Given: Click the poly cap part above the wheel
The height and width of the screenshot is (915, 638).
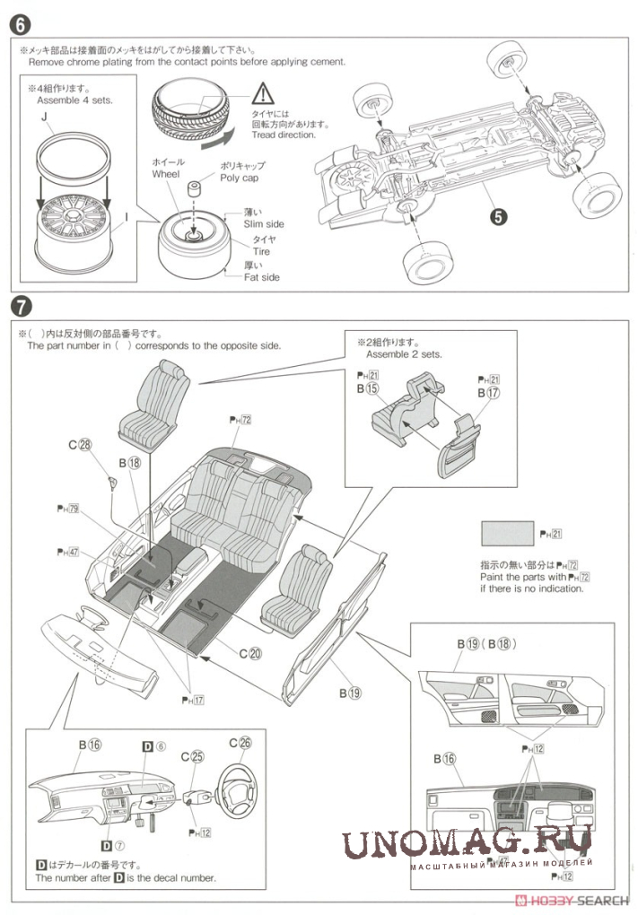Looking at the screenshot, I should pyautogui.click(x=192, y=190).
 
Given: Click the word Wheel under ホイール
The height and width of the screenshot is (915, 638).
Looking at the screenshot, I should pyautogui.click(x=166, y=174).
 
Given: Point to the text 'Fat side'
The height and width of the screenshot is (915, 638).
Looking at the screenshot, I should pyautogui.click(x=262, y=277).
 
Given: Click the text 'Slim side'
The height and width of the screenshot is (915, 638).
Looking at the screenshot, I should pyautogui.click(x=264, y=223).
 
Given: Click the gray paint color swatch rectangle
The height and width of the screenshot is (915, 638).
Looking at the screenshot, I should pyautogui.click(x=508, y=535).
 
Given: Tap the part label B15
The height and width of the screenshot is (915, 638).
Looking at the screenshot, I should pyautogui.click(x=367, y=390).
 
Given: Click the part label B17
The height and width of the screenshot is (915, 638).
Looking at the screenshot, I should pyautogui.click(x=488, y=393).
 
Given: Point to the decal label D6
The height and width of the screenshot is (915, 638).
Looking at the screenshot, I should pyautogui.click(x=154, y=745).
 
